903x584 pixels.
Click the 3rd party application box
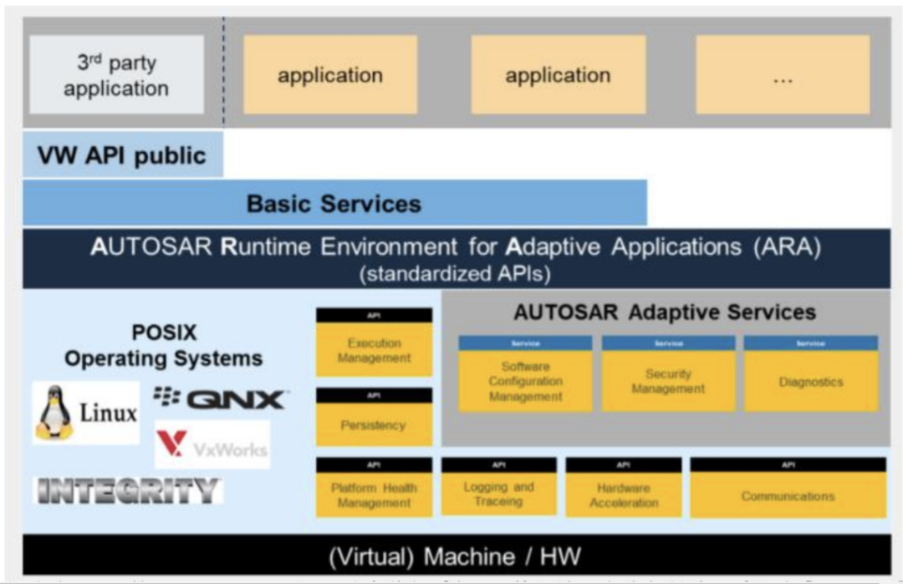116,76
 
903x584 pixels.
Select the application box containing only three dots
783,75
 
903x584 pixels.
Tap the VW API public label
122,155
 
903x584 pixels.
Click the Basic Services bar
334,203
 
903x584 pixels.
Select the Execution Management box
374,350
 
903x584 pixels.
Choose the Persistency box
374,424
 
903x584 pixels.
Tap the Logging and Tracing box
498,494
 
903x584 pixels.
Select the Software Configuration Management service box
525,380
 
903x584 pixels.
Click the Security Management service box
668,381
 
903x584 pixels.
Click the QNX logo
221,399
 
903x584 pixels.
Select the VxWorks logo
212,444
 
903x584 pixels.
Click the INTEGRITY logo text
128,490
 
